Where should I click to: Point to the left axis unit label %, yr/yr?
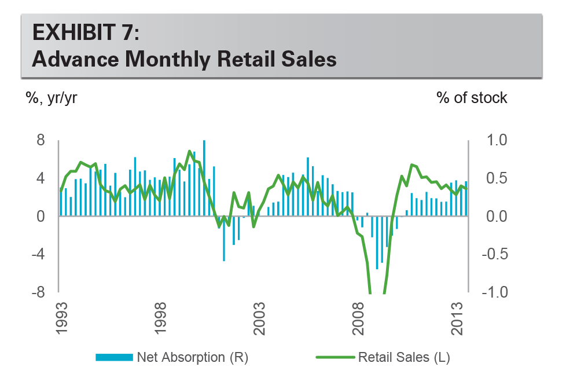(52, 98)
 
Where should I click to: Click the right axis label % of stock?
(472, 98)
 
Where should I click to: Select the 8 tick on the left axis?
(41, 140)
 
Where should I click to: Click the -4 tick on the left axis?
(38, 254)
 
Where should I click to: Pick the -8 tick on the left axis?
(38, 292)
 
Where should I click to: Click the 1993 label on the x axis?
(61, 318)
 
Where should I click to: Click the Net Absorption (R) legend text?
(193, 357)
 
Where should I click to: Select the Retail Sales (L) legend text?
(404, 357)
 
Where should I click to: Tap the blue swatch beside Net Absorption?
(114, 357)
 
